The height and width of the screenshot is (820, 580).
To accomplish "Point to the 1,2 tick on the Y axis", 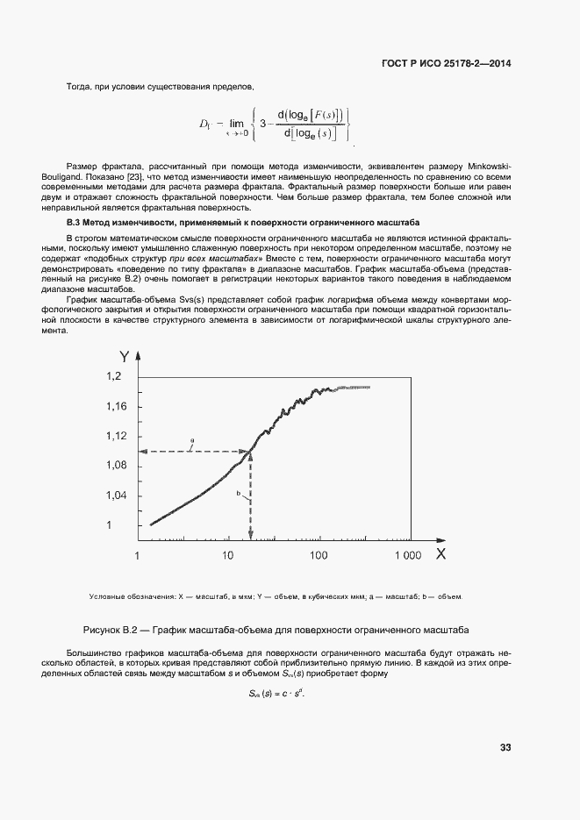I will (118, 376).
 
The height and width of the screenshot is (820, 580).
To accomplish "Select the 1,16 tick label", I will (118, 406).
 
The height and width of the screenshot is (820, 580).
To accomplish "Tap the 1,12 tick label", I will (118, 436).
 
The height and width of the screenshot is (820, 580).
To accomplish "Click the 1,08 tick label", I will (118, 466).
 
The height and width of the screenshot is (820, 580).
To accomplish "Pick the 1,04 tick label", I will (118, 496).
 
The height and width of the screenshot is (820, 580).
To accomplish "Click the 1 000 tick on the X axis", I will (407, 556).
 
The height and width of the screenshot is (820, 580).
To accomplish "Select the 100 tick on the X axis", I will (318, 556).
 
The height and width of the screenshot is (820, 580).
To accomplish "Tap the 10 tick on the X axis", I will (227, 556).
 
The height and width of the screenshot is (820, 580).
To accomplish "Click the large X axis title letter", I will (440, 554).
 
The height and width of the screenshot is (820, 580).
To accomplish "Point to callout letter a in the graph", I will (192, 444).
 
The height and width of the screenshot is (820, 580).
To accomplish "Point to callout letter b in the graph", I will (239, 494).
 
